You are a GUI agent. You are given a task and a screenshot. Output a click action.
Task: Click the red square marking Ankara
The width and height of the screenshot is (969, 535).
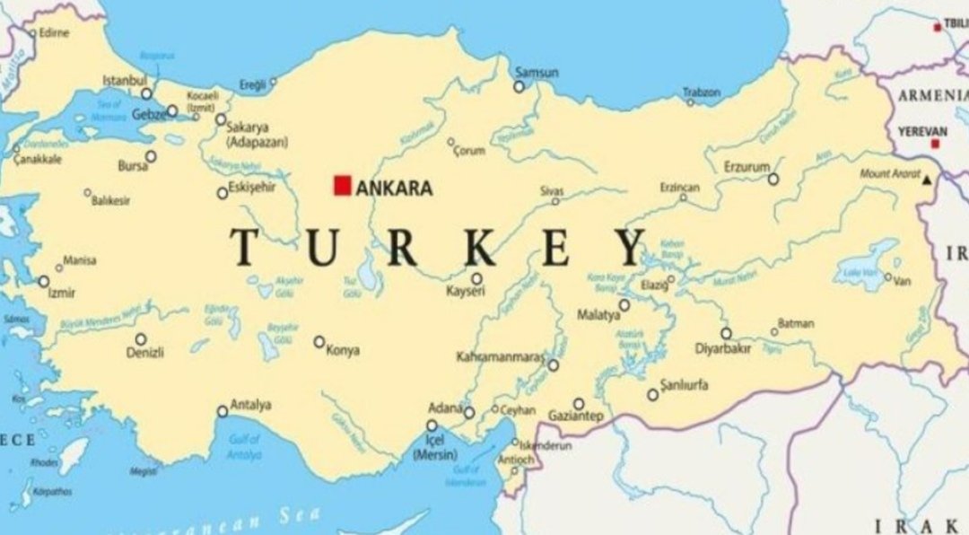(x=342, y=185)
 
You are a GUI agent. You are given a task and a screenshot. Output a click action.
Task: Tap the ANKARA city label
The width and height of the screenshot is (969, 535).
(x=394, y=189)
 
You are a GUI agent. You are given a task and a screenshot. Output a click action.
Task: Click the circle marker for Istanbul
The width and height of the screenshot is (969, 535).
(x=147, y=93)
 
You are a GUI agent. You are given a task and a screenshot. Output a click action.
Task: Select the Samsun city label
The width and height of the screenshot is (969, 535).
(x=537, y=73)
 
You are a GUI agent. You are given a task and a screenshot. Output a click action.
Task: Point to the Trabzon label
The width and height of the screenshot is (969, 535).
(x=702, y=92)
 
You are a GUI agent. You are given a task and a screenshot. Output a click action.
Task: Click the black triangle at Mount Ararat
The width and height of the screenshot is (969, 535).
(x=927, y=180)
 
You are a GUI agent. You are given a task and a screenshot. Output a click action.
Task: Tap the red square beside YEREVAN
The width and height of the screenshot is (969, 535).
(x=935, y=144)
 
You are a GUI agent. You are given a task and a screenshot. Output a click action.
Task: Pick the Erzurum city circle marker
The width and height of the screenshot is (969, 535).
(x=773, y=180)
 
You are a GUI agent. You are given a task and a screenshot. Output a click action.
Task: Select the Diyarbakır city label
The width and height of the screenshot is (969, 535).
(x=722, y=349)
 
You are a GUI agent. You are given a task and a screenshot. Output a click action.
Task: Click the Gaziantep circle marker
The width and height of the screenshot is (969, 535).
(x=579, y=404)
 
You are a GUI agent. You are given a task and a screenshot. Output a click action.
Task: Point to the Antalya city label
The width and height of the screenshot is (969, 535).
(x=250, y=405)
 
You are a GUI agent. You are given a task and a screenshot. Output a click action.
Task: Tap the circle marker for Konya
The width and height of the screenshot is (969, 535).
(x=319, y=342)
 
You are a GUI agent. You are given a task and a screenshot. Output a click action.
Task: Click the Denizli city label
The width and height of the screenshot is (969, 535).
(x=144, y=353)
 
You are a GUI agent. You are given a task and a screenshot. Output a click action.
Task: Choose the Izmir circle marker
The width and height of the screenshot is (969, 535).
(x=43, y=281)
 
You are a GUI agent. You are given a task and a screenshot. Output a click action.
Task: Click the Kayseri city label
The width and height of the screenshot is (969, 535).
(x=466, y=292)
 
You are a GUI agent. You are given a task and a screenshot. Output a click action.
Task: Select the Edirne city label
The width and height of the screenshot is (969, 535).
(x=53, y=33)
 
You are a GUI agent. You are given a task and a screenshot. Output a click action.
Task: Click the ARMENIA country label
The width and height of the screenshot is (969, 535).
(x=933, y=95)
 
